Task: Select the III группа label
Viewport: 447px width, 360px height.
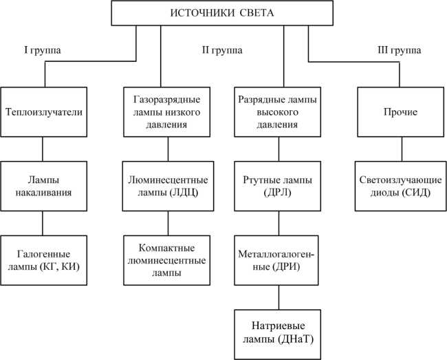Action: (402, 50)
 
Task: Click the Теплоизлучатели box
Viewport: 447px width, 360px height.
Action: (43, 112)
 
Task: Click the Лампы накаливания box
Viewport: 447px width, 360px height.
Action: (43, 186)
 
